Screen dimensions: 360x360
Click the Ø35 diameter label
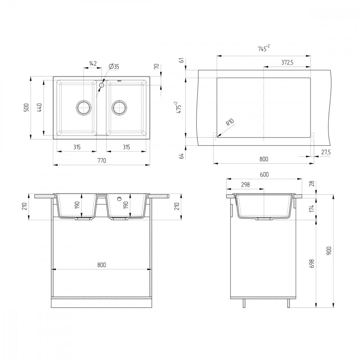(x=114, y=67)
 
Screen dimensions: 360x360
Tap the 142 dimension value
(x=93, y=64)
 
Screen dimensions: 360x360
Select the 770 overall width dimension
(x=102, y=161)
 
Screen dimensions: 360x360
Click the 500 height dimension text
(x=26, y=108)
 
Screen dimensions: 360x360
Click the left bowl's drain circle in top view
(x=84, y=107)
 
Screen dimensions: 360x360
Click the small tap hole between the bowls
(x=102, y=85)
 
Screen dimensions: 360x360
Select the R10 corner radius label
(x=230, y=123)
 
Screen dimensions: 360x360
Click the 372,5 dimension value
(x=287, y=62)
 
